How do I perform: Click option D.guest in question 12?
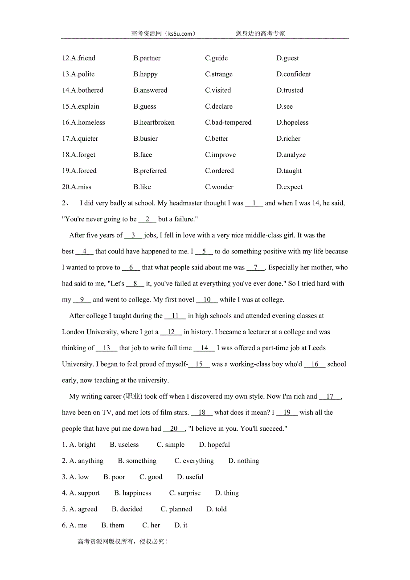tap(287, 58)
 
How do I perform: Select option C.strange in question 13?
tap(218, 74)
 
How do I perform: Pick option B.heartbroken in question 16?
tap(154, 123)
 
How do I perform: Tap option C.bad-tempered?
tap(228, 123)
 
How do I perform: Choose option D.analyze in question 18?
tap(291, 155)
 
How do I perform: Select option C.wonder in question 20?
tap(219, 187)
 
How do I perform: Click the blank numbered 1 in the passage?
tap(254, 203)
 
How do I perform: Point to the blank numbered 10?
tap(207, 300)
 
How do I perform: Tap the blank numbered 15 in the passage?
tap(199, 364)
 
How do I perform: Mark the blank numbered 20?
tap(174, 429)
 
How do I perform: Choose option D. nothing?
tap(243, 461)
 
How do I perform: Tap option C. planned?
tap(176, 509)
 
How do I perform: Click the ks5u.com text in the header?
tap(180, 33)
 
